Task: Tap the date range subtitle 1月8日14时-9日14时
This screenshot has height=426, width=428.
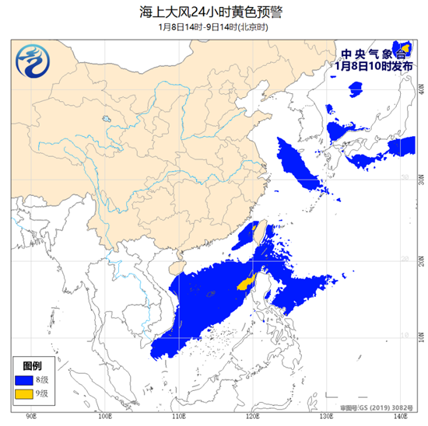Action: (x=213, y=26)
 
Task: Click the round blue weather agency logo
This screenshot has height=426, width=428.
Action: (x=33, y=60)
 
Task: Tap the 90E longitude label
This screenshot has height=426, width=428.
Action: (x=33, y=417)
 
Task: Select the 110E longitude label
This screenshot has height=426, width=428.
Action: (x=178, y=417)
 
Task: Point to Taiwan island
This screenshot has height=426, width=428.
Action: (x=261, y=231)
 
